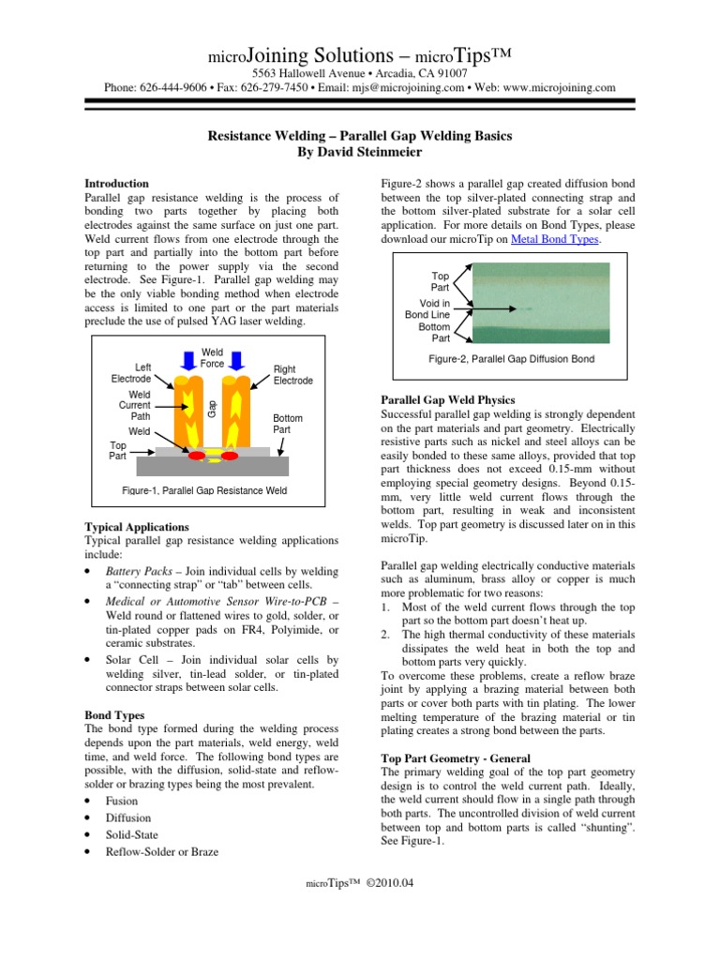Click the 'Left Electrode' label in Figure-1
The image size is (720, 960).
(130, 372)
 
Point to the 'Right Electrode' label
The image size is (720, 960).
(292, 375)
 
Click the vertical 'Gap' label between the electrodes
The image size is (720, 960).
(213, 407)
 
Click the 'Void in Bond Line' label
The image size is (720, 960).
(428, 308)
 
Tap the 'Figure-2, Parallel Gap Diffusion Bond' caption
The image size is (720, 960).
(511, 358)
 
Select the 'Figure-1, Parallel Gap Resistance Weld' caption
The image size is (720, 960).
(204, 490)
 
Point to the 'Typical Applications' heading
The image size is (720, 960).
(137, 527)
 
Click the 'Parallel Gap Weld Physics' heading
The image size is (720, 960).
(448, 399)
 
